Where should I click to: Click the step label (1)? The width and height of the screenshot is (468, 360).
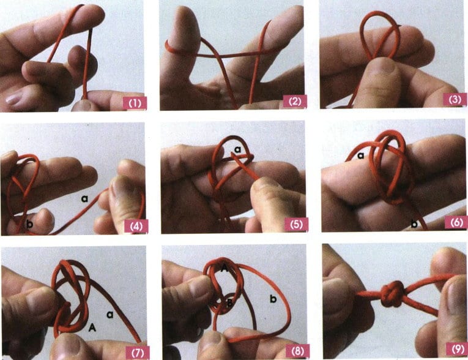(x=135, y=103)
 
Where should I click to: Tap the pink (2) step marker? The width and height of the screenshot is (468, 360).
(x=295, y=102)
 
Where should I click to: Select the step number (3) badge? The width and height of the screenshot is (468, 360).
(x=455, y=99)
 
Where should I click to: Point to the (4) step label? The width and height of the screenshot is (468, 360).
(x=136, y=226)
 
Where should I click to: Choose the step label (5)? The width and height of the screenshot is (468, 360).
(x=296, y=224)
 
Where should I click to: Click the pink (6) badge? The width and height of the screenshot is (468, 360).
(x=456, y=222)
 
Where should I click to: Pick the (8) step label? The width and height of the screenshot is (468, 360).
(x=297, y=351)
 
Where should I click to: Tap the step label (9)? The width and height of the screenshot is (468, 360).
(x=457, y=348)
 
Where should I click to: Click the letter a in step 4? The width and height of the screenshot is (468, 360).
(x=85, y=198)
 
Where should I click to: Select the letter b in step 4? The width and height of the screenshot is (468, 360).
(x=29, y=223)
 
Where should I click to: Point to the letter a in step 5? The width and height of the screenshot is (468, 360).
(x=237, y=149)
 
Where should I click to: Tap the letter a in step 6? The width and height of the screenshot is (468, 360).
(x=361, y=156)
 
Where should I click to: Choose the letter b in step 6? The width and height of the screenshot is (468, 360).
(x=414, y=223)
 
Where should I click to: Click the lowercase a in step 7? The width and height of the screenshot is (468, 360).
(x=110, y=314)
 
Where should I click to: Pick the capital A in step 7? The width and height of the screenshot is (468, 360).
(x=92, y=328)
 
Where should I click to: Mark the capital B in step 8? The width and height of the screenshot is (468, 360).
(x=229, y=303)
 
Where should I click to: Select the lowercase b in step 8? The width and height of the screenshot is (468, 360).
(x=273, y=298)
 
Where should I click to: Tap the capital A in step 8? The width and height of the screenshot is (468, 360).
(x=224, y=269)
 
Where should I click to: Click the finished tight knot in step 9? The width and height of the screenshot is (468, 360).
(x=393, y=294)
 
